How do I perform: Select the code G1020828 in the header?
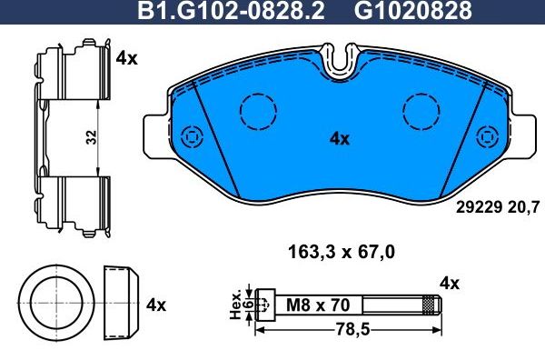(x=412, y=11)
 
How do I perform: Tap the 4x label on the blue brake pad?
(x=339, y=139)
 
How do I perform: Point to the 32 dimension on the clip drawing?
(x=91, y=137)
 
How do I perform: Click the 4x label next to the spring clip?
(x=126, y=58)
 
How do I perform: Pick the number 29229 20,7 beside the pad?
(x=496, y=207)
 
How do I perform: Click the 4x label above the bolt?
(x=449, y=284)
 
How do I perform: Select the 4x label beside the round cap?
(x=155, y=304)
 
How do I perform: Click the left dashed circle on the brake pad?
(x=257, y=113)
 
